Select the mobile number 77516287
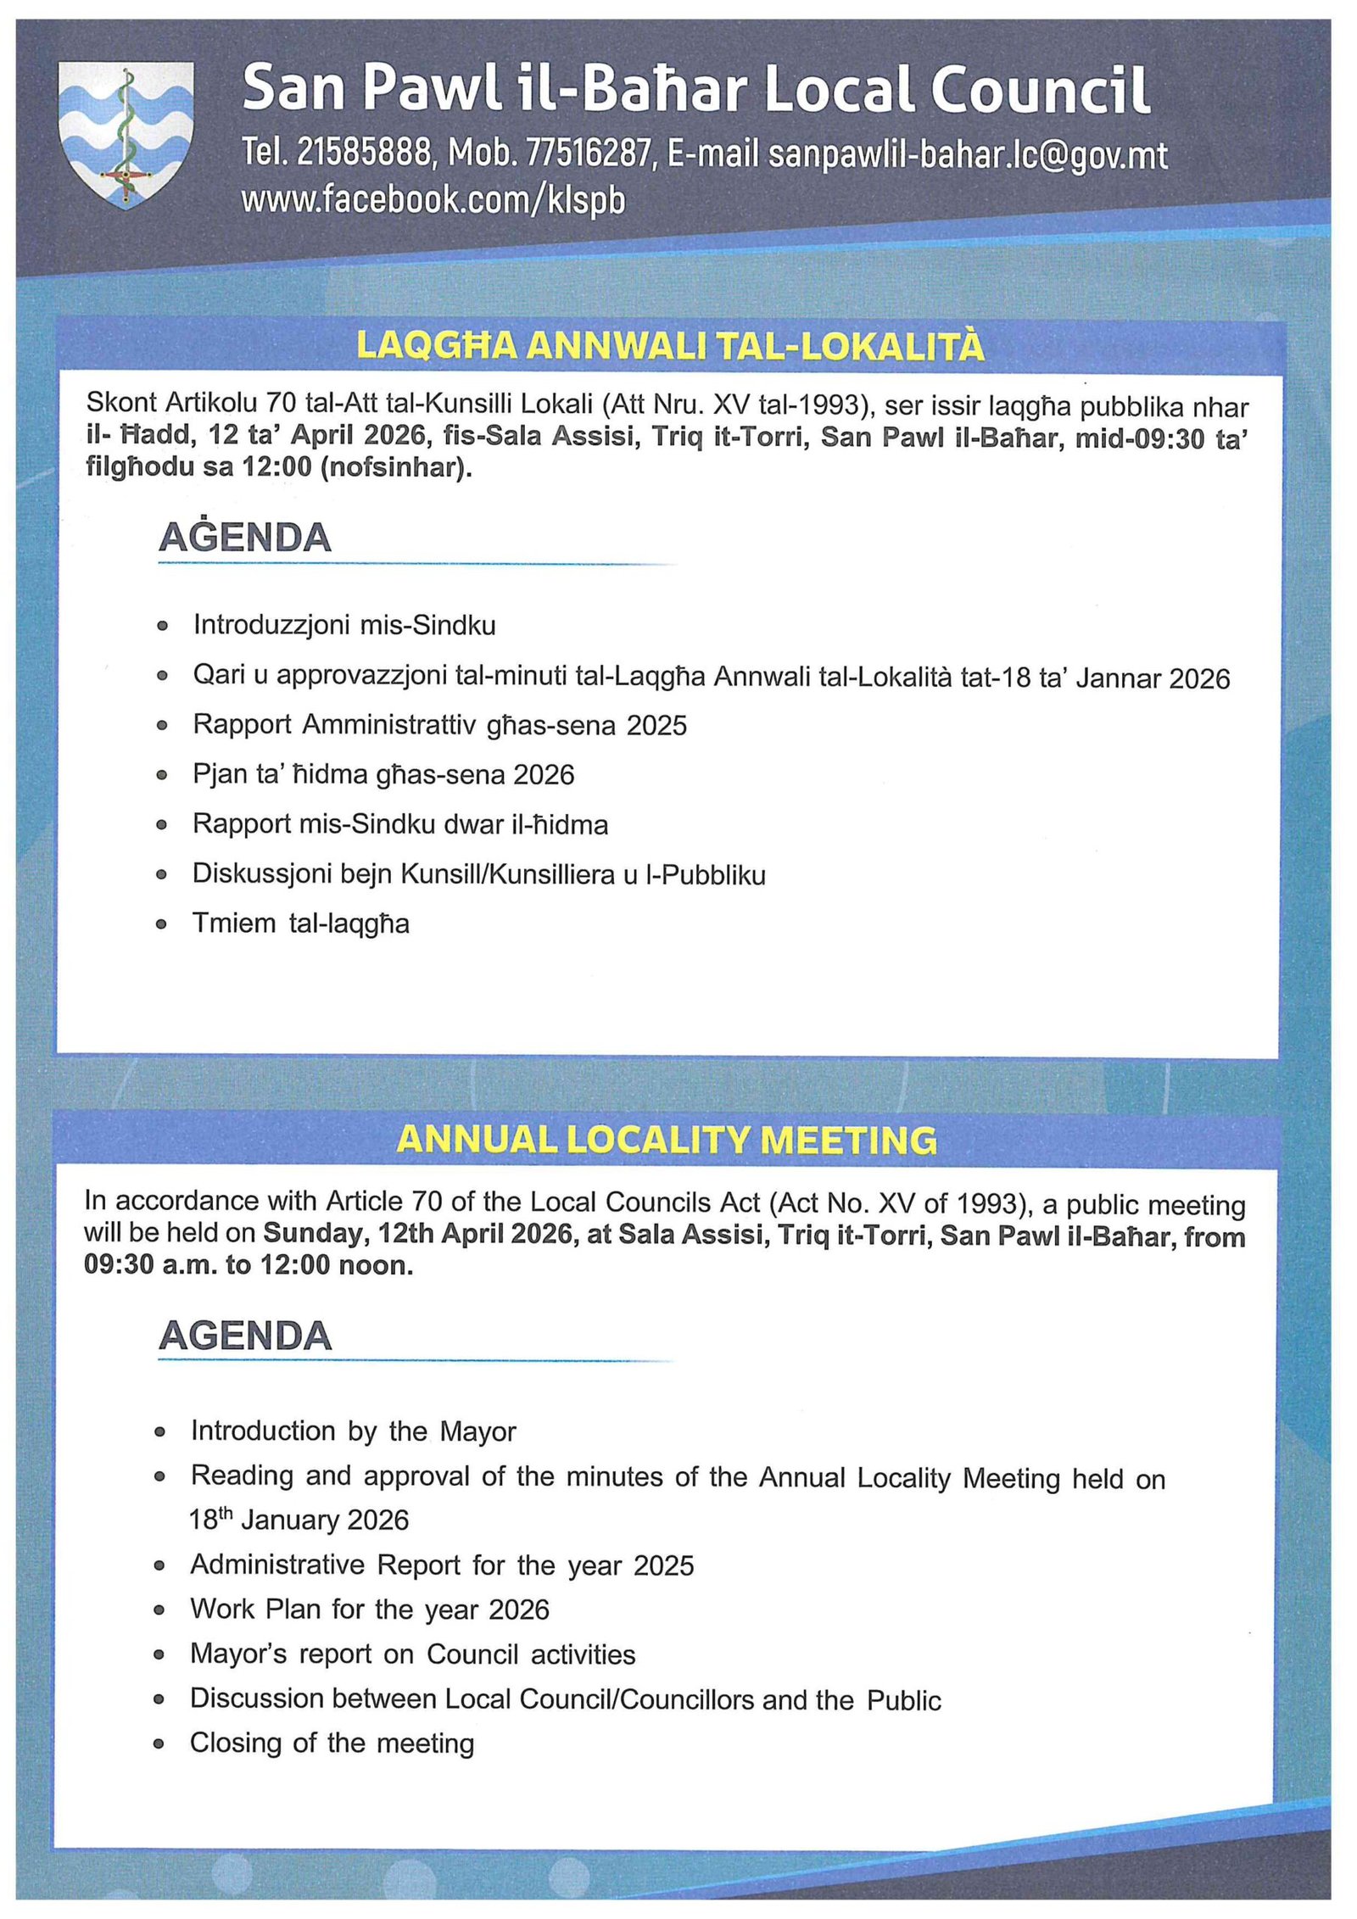click(589, 154)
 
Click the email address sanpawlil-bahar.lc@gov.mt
click(967, 156)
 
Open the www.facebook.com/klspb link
click(433, 200)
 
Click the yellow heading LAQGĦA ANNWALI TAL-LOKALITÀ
click(670, 346)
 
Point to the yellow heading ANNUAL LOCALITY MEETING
click(667, 1140)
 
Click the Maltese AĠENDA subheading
click(244, 538)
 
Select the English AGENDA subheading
click(244, 1336)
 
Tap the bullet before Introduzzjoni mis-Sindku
click(162, 627)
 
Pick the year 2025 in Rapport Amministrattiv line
click(656, 726)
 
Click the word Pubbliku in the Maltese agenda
click(713, 874)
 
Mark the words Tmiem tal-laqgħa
click(301, 923)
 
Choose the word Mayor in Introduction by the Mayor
click(477, 1432)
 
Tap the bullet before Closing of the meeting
click(159, 1744)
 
